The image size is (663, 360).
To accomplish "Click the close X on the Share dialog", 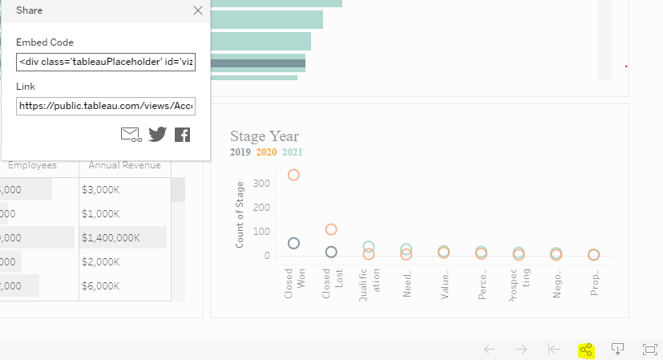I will click(198, 10).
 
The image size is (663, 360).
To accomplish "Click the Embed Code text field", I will click(105, 62).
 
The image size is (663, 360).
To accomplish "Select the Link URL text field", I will click(105, 106).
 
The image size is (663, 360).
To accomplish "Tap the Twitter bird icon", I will click(157, 134).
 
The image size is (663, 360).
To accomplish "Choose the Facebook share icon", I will click(183, 134).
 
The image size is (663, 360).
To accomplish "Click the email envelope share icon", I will click(131, 134).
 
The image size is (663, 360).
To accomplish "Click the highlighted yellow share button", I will click(586, 350).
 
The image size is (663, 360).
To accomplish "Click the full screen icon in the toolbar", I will click(649, 350).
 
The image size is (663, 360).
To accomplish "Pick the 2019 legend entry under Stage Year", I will click(241, 152).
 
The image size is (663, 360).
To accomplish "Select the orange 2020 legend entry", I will click(266, 152).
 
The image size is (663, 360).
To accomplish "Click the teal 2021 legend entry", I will click(292, 152).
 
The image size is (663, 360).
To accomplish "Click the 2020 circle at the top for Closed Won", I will click(293, 175).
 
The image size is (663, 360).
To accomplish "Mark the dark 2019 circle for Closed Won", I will click(293, 243).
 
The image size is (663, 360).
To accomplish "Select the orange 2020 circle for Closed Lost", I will click(331, 229).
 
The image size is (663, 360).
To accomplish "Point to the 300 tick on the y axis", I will click(260, 184).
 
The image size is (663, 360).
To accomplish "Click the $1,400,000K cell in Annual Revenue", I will click(111, 237).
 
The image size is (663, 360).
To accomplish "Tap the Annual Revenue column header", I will click(124, 165).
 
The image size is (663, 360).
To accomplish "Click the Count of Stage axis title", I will click(240, 215).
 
